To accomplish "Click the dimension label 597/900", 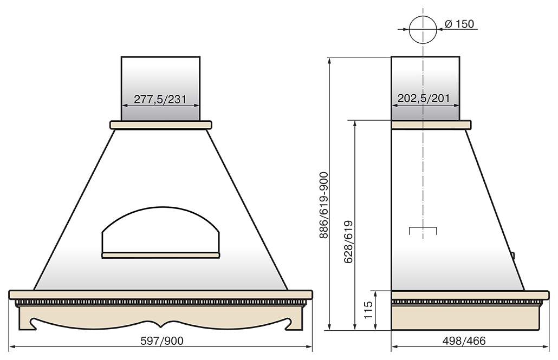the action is (x=162, y=341).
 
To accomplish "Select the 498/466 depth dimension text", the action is (x=464, y=341).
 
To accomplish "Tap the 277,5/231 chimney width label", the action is (x=160, y=99).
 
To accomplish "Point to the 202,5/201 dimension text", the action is (x=424, y=98).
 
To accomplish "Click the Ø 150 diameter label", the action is (x=459, y=24).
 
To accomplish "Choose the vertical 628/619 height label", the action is (x=349, y=241).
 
